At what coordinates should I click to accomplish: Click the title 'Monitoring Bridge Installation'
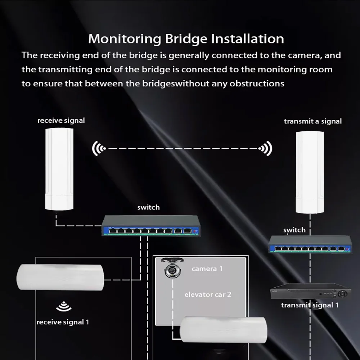pos(186,39)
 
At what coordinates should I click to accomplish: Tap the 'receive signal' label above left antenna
pos(61,120)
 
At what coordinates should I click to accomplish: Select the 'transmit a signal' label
pos(312,121)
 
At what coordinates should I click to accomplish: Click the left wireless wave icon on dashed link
pos(99,148)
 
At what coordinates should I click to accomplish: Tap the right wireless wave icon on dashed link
pos(265,148)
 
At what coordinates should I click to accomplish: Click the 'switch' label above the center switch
pos(148,207)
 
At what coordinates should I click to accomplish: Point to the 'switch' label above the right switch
pos(294,230)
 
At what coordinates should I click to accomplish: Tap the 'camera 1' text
pos(207,269)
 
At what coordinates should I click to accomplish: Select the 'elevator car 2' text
pos(208,294)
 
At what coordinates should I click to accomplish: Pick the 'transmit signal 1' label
pos(310,305)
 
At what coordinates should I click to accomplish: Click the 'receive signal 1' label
pos(63,322)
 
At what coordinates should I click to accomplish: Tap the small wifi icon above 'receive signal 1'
pos(64,307)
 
